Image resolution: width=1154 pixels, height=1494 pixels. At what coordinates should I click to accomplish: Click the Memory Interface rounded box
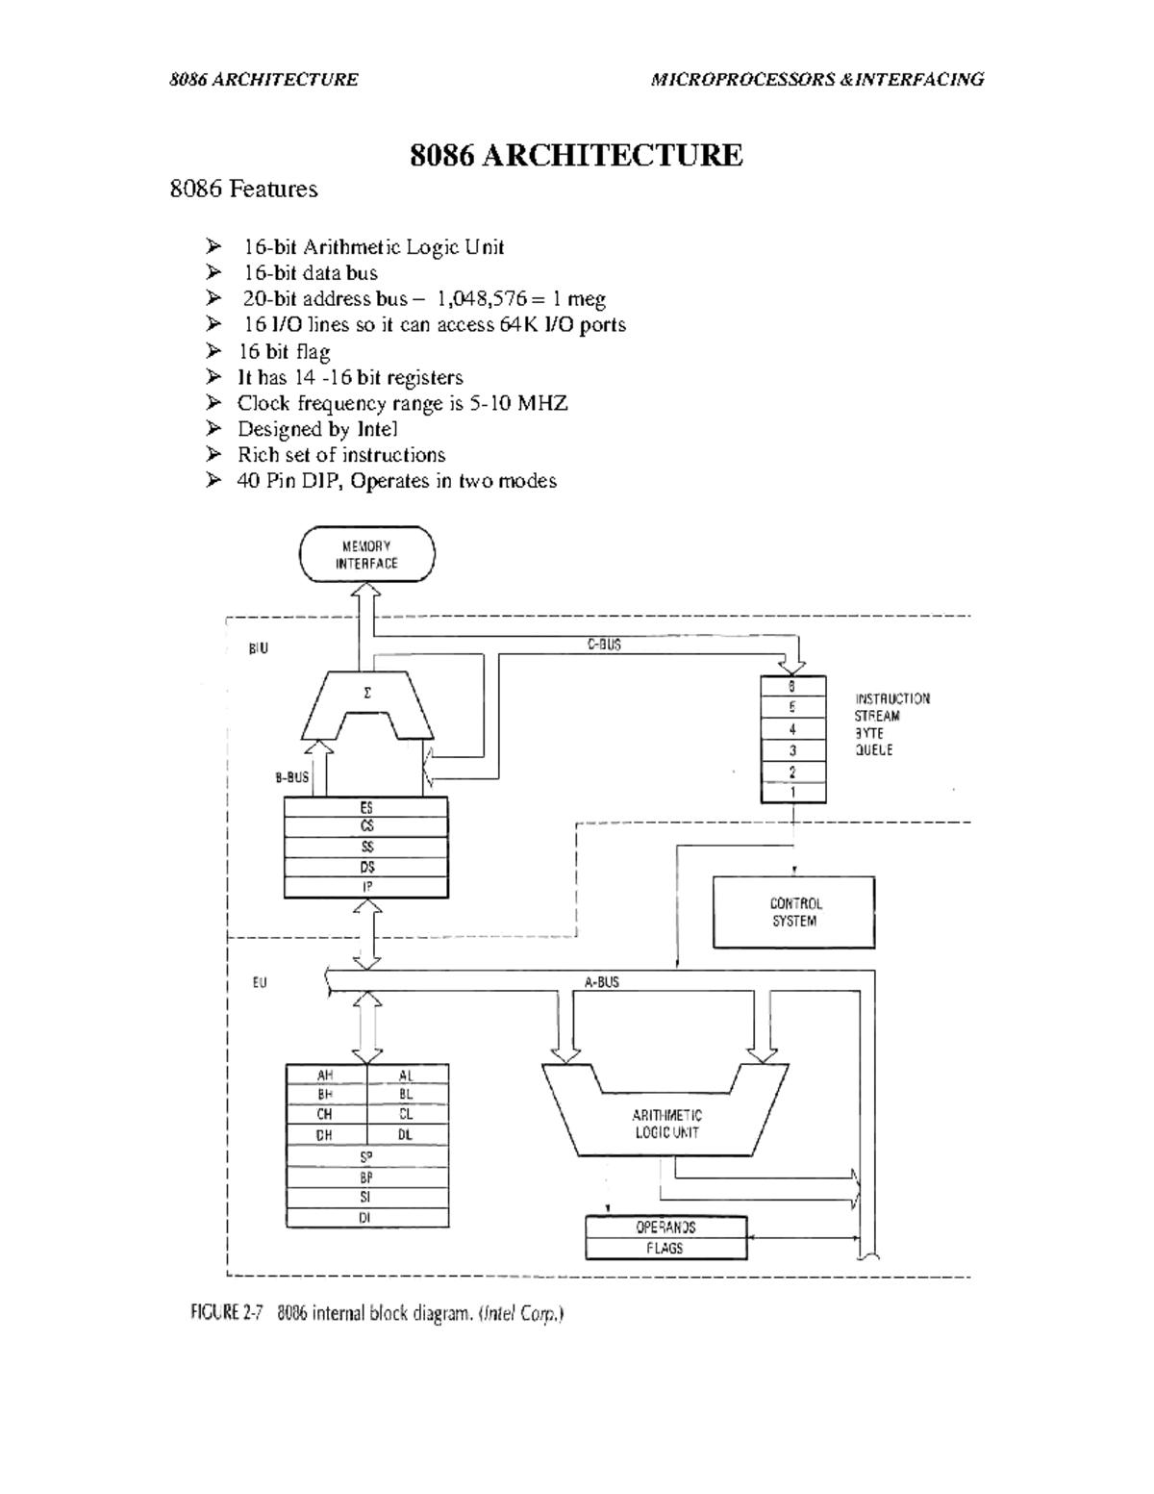point(366,555)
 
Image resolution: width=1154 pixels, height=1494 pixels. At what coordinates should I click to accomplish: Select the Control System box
point(793,912)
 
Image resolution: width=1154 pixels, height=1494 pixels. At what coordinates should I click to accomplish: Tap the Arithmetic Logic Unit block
point(666,1123)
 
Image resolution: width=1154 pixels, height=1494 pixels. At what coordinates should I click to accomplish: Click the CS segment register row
point(366,826)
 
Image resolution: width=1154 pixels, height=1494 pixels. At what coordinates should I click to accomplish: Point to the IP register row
point(366,887)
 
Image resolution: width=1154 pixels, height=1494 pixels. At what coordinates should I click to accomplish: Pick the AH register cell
point(326,1075)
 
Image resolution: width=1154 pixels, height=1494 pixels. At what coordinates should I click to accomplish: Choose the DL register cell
point(407,1135)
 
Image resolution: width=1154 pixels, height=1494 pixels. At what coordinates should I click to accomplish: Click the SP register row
point(366,1156)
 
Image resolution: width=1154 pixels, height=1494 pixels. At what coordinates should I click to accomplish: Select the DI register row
point(366,1217)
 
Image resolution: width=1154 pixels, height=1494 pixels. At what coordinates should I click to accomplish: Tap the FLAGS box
point(665,1248)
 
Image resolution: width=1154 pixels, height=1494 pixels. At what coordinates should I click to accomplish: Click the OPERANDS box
point(665,1228)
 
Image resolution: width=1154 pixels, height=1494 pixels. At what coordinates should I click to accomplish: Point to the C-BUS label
point(604,646)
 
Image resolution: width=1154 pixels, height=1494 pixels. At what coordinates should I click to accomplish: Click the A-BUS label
point(602,982)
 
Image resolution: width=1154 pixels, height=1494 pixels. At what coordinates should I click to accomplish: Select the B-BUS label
point(292,777)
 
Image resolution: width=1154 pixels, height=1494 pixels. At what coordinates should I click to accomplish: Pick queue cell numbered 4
point(792,729)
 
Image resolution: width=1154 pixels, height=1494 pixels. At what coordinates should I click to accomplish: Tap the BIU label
point(259,648)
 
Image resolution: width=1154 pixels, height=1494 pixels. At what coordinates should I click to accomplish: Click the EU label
point(260,983)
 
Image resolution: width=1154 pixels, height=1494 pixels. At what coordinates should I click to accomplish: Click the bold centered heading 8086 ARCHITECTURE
point(576,155)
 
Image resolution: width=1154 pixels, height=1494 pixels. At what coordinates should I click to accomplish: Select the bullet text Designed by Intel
point(317,429)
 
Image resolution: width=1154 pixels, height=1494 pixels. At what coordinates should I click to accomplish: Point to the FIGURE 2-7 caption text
point(376,1314)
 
